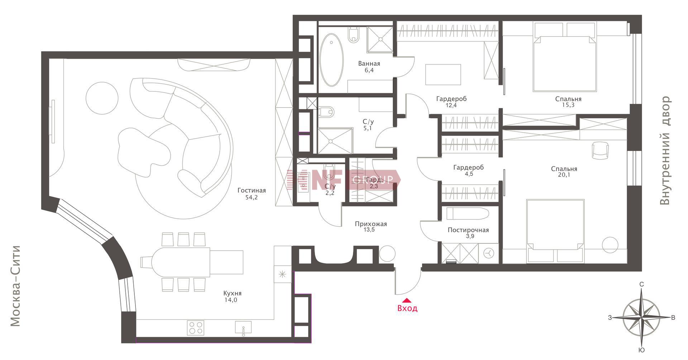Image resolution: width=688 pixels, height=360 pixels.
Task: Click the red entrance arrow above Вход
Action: pyautogui.click(x=407, y=301)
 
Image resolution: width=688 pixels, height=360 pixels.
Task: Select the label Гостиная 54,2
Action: pyautogui.click(x=252, y=194)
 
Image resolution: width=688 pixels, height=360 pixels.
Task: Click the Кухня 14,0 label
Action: pyautogui.click(x=232, y=297)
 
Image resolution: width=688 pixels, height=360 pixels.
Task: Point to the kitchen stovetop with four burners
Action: pyautogui.click(x=196, y=328)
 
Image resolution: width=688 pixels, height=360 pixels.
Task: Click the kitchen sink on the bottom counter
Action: pyautogui.click(x=243, y=327)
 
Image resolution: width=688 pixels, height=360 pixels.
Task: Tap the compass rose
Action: pyautogui.click(x=641, y=317)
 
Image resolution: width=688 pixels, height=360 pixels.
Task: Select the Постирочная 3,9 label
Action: pyautogui.click(x=468, y=233)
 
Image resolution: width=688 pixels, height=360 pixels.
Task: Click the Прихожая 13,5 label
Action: pyautogui.click(x=371, y=227)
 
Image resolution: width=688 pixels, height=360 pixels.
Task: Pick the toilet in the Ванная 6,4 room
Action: pyautogui.click(x=354, y=35)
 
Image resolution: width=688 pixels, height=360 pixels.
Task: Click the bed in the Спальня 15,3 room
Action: pyautogui.click(x=564, y=57)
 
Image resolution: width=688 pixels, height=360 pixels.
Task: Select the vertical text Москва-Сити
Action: pyautogui.click(x=15, y=286)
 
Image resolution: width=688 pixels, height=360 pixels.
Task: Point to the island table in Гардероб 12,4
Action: pyautogui.click(x=443, y=75)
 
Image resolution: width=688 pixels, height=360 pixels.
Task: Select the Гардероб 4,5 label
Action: pyautogui.click(x=468, y=171)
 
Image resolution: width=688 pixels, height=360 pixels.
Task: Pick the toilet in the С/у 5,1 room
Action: pyautogui.click(x=326, y=112)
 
